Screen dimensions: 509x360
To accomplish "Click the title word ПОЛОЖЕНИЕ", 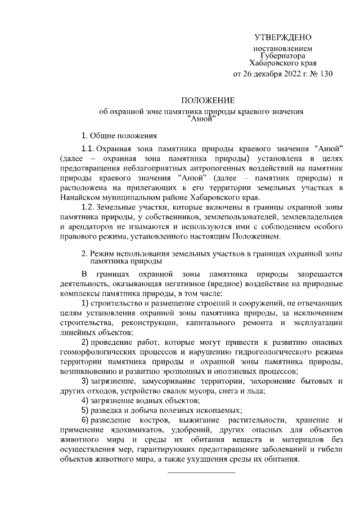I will [202, 101].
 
